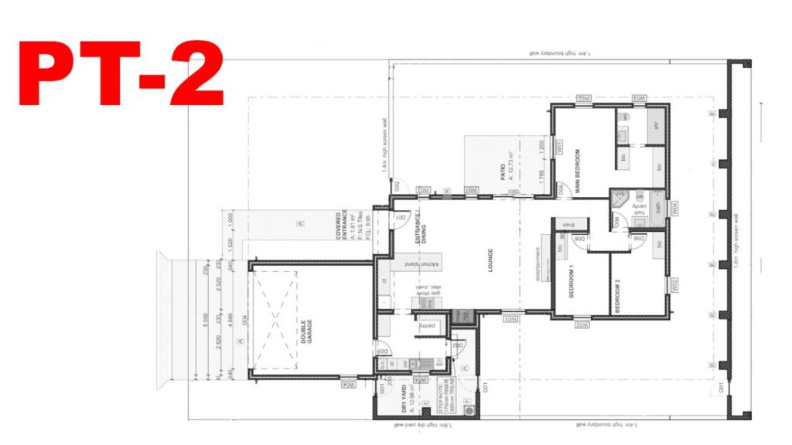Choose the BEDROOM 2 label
tap(617, 294)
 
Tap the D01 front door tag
tap(401, 219)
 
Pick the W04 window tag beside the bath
tap(675, 207)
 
